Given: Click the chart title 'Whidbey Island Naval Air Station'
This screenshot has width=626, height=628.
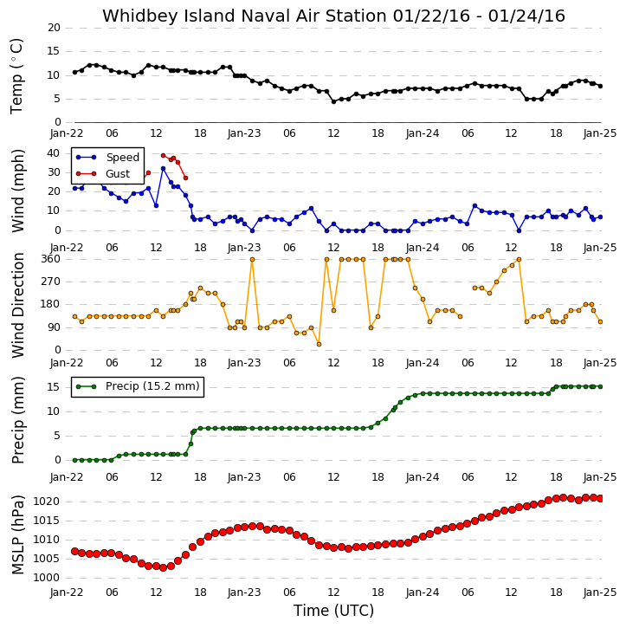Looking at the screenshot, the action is click(244, 16).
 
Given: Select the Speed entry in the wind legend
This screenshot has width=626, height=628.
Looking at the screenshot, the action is click(107, 158).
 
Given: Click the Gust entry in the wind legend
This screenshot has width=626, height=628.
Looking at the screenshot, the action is click(103, 174).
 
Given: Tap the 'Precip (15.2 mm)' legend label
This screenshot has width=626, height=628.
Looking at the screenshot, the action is click(152, 386).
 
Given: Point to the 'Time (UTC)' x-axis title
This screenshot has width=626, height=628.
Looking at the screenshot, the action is click(333, 611).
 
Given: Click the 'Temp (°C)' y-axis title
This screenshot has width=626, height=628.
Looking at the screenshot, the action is click(16, 76).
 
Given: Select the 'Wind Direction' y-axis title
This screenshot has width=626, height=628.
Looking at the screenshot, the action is click(18, 306).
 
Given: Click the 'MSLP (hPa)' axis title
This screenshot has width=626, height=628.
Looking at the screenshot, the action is click(18, 534).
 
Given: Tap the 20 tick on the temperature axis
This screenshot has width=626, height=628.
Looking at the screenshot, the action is click(54, 28).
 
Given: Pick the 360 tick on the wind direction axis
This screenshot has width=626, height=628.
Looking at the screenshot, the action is click(51, 259).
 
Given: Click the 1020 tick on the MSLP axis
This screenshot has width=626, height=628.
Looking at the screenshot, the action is click(47, 502).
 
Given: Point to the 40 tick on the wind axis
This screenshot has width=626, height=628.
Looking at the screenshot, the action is click(53, 153).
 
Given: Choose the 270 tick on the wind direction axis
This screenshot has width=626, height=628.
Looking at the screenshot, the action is click(51, 282).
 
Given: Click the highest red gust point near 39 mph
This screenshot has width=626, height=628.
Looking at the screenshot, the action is click(163, 155).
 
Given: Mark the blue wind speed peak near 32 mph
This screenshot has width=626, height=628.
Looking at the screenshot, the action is click(163, 169).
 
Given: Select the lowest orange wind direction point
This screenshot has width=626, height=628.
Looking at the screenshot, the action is click(319, 344).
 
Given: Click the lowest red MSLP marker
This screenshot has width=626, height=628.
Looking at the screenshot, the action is click(163, 567).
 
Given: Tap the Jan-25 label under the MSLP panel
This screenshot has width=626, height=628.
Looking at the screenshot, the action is click(599, 592).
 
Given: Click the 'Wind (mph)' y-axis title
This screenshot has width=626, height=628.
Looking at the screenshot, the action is click(18, 191).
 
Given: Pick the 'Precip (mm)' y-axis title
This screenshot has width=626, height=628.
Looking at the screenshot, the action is click(18, 420).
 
